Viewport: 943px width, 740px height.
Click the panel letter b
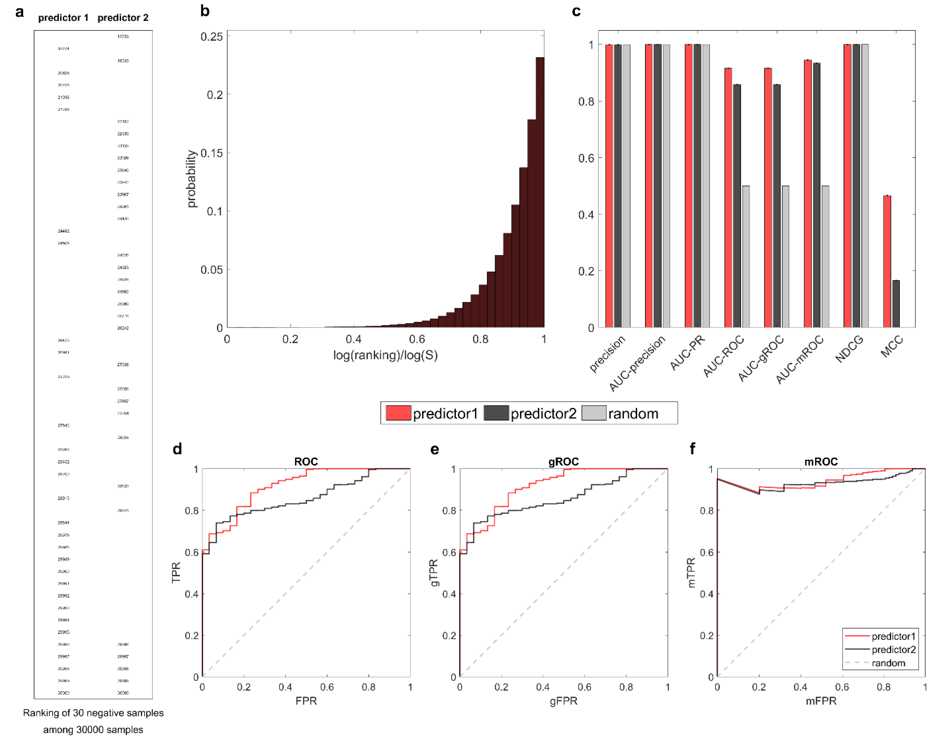[204, 11]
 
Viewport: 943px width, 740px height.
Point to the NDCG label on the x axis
[849, 349]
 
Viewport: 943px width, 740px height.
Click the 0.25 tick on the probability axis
[211, 37]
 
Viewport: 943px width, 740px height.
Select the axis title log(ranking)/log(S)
[385, 355]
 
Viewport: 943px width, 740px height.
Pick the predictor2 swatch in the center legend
[496, 413]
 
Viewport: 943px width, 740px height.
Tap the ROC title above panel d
[306, 462]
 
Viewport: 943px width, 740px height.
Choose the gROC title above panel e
[563, 462]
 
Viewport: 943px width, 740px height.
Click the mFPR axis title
[821, 701]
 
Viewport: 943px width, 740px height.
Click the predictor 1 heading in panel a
[63, 18]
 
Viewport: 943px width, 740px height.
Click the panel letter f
[692, 449]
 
